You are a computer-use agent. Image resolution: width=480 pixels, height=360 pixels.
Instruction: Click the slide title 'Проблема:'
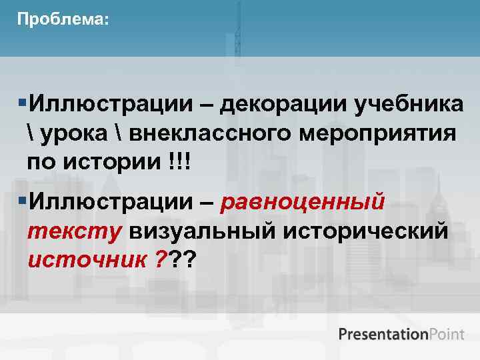tap(61, 19)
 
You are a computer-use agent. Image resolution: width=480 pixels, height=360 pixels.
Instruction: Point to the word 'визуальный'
tap(204, 230)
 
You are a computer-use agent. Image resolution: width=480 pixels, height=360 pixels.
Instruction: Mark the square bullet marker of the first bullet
tap(23, 104)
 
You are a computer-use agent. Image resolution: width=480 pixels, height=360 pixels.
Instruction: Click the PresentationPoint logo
tap(401, 333)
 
